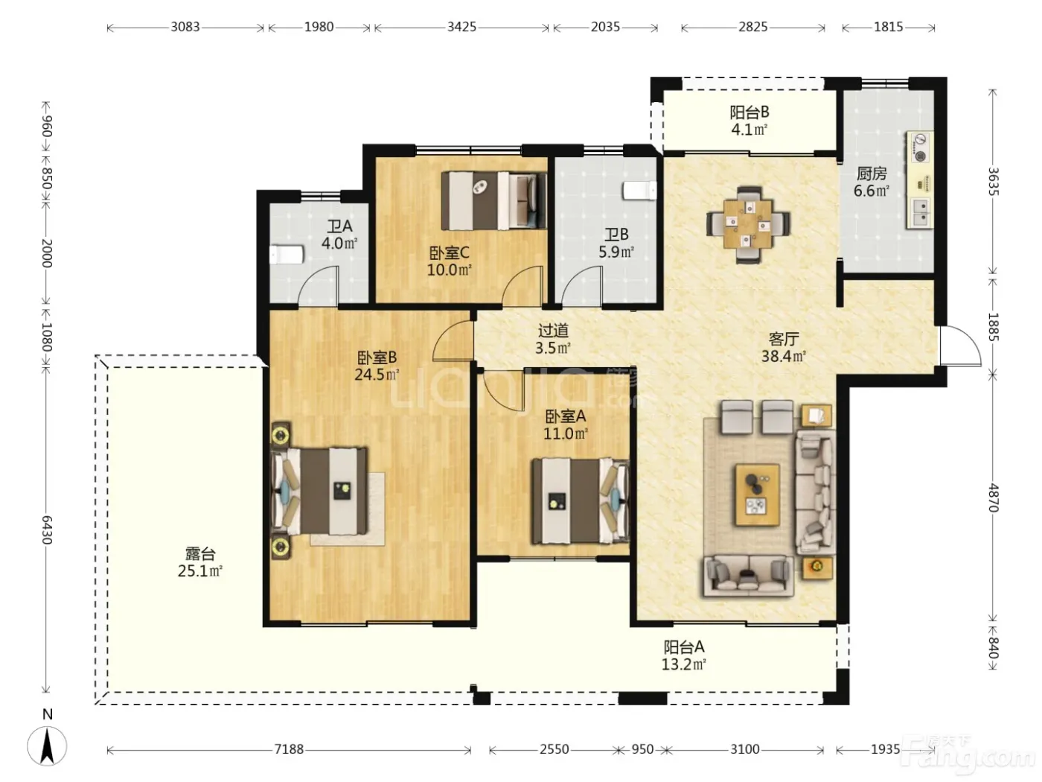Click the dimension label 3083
pos(185,27)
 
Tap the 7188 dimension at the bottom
pos(289,748)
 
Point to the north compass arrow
pos(47,746)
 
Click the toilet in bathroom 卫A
pos(287,254)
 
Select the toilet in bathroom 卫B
pos(639,191)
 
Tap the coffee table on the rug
pos(757,495)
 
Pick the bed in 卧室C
pos(493,200)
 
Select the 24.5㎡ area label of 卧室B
pos(377,375)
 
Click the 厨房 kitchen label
pos(872,174)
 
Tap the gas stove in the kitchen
pos(921,147)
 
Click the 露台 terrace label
pos(200,553)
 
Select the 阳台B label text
pos(749,112)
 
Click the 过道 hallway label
pos(553,331)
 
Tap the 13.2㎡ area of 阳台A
pos(683,664)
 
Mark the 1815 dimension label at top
pos(888,27)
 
